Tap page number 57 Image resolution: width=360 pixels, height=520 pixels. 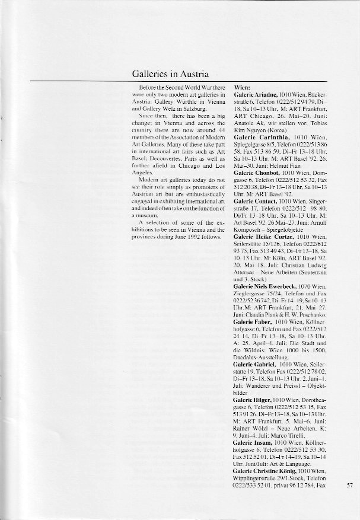[x=349, y=484]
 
